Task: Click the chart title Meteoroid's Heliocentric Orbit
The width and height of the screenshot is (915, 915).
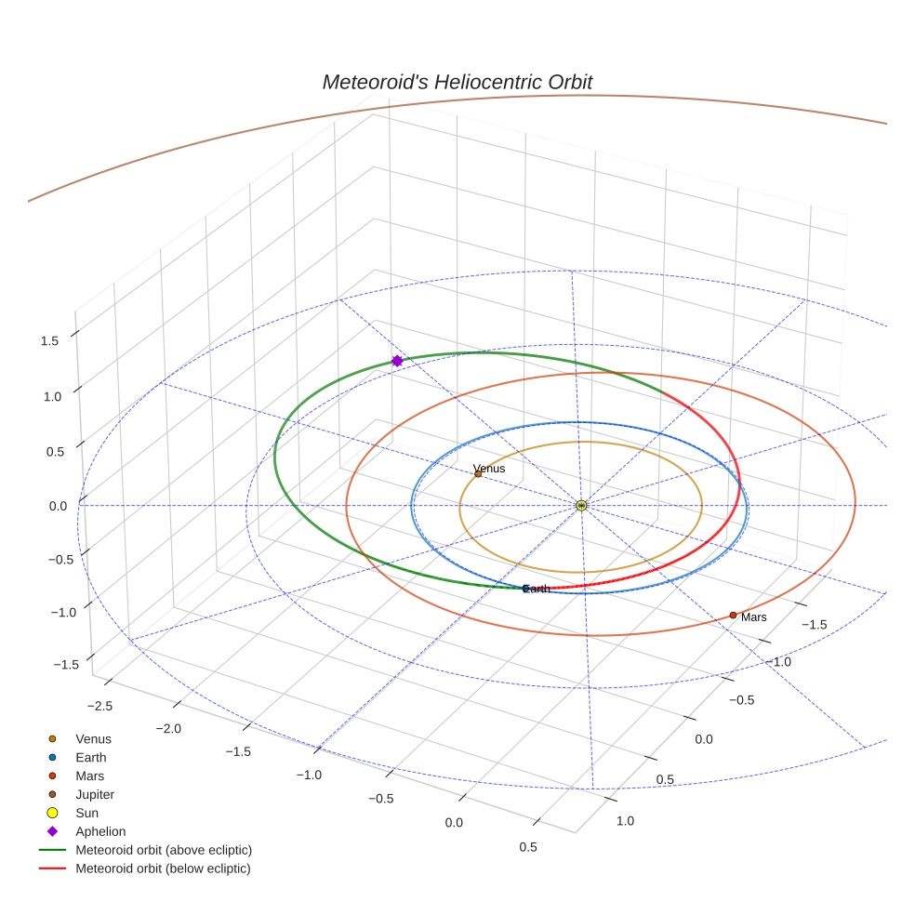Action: pos(457,82)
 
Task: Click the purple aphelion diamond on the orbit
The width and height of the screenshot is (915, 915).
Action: pos(397,361)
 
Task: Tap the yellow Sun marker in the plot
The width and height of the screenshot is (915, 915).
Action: pos(581,505)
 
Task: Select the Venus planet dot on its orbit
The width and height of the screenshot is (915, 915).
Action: pos(478,473)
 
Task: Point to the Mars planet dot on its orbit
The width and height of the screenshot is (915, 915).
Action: pos(733,615)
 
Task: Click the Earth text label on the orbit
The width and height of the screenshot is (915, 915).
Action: pos(538,589)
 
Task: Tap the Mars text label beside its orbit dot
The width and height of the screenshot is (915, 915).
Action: pos(754,617)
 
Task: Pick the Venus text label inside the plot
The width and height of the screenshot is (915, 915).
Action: pos(489,468)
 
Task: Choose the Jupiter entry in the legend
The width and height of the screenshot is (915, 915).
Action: pos(95,794)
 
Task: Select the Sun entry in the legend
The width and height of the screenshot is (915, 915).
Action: pos(87,813)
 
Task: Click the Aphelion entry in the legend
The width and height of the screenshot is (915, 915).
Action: pos(100,831)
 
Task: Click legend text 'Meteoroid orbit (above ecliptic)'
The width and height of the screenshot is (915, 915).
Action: pos(164,850)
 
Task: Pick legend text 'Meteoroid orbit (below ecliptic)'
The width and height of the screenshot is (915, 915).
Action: pos(163,869)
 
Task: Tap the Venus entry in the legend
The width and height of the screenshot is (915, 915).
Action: pos(93,738)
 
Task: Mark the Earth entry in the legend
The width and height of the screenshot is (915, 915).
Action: pos(90,757)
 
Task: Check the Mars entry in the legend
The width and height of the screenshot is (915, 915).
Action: pos(89,776)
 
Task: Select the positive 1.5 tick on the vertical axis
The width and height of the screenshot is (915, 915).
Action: pos(49,341)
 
